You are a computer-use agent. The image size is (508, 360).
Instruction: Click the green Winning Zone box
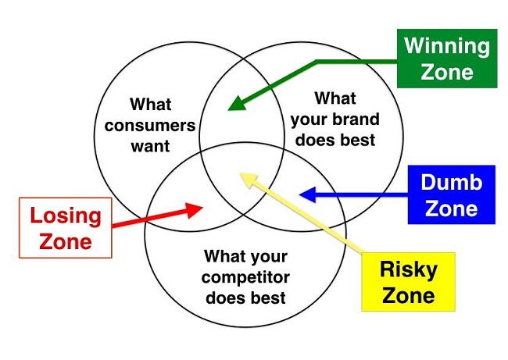(x=448, y=58)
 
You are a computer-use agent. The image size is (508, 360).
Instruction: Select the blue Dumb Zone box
(x=451, y=195)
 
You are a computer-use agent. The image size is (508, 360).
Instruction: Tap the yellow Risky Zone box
(x=407, y=282)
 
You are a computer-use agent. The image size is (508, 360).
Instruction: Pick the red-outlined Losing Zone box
(x=66, y=227)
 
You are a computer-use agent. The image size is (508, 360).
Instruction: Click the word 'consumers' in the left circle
(x=151, y=125)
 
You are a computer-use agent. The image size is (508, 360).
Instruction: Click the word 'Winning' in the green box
(x=448, y=45)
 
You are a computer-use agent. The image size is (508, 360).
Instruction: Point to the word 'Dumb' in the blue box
(x=451, y=184)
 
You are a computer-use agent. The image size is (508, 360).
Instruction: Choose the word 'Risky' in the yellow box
(x=407, y=270)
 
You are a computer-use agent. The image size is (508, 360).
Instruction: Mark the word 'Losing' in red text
(x=66, y=216)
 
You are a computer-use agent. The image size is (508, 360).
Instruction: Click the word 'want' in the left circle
(x=151, y=145)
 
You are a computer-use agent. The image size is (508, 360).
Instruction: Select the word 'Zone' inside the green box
(x=448, y=72)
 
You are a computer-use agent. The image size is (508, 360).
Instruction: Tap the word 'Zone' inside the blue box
(x=451, y=209)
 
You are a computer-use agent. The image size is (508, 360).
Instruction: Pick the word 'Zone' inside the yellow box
(x=407, y=296)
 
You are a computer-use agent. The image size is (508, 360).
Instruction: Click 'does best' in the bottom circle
(x=245, y=298)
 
